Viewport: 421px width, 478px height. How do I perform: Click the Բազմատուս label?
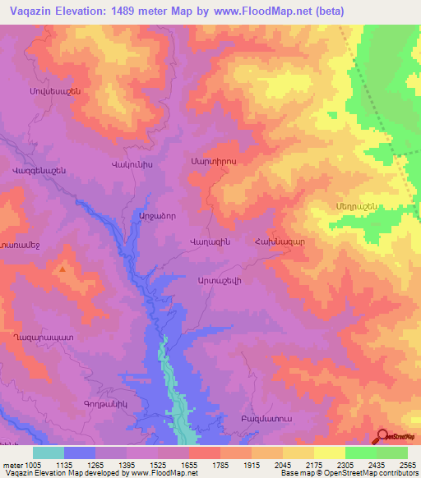coord(266,419)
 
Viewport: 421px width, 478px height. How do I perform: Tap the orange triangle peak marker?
coord(63,268)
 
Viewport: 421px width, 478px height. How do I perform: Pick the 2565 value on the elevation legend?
coord(408,465)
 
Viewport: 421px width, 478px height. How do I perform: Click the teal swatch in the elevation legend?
coord(49,453)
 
